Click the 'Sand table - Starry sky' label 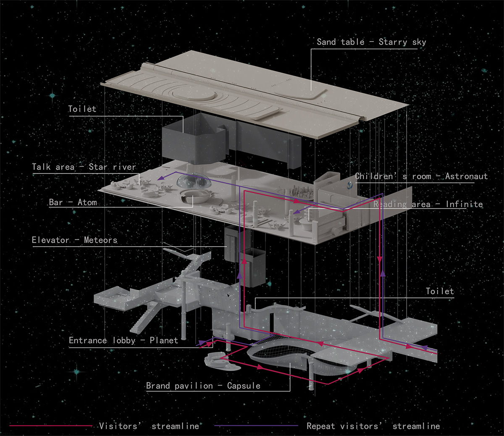(371, 42)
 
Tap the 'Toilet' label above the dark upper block (82, 109)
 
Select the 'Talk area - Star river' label (84, 167)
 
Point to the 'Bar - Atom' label (73, 202)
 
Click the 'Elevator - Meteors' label (75, 240)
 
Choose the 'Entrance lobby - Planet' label (123, 340)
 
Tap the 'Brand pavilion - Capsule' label (203, 386)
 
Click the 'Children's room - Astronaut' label (421, 176)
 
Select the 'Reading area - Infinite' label (428, 204)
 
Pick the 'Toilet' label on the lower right (440, 291)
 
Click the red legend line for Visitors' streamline (51, 426)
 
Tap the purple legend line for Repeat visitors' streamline (256, 426)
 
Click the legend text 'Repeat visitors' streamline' (373, 426)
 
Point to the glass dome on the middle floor (194, 181)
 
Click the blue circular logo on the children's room (350, 186)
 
